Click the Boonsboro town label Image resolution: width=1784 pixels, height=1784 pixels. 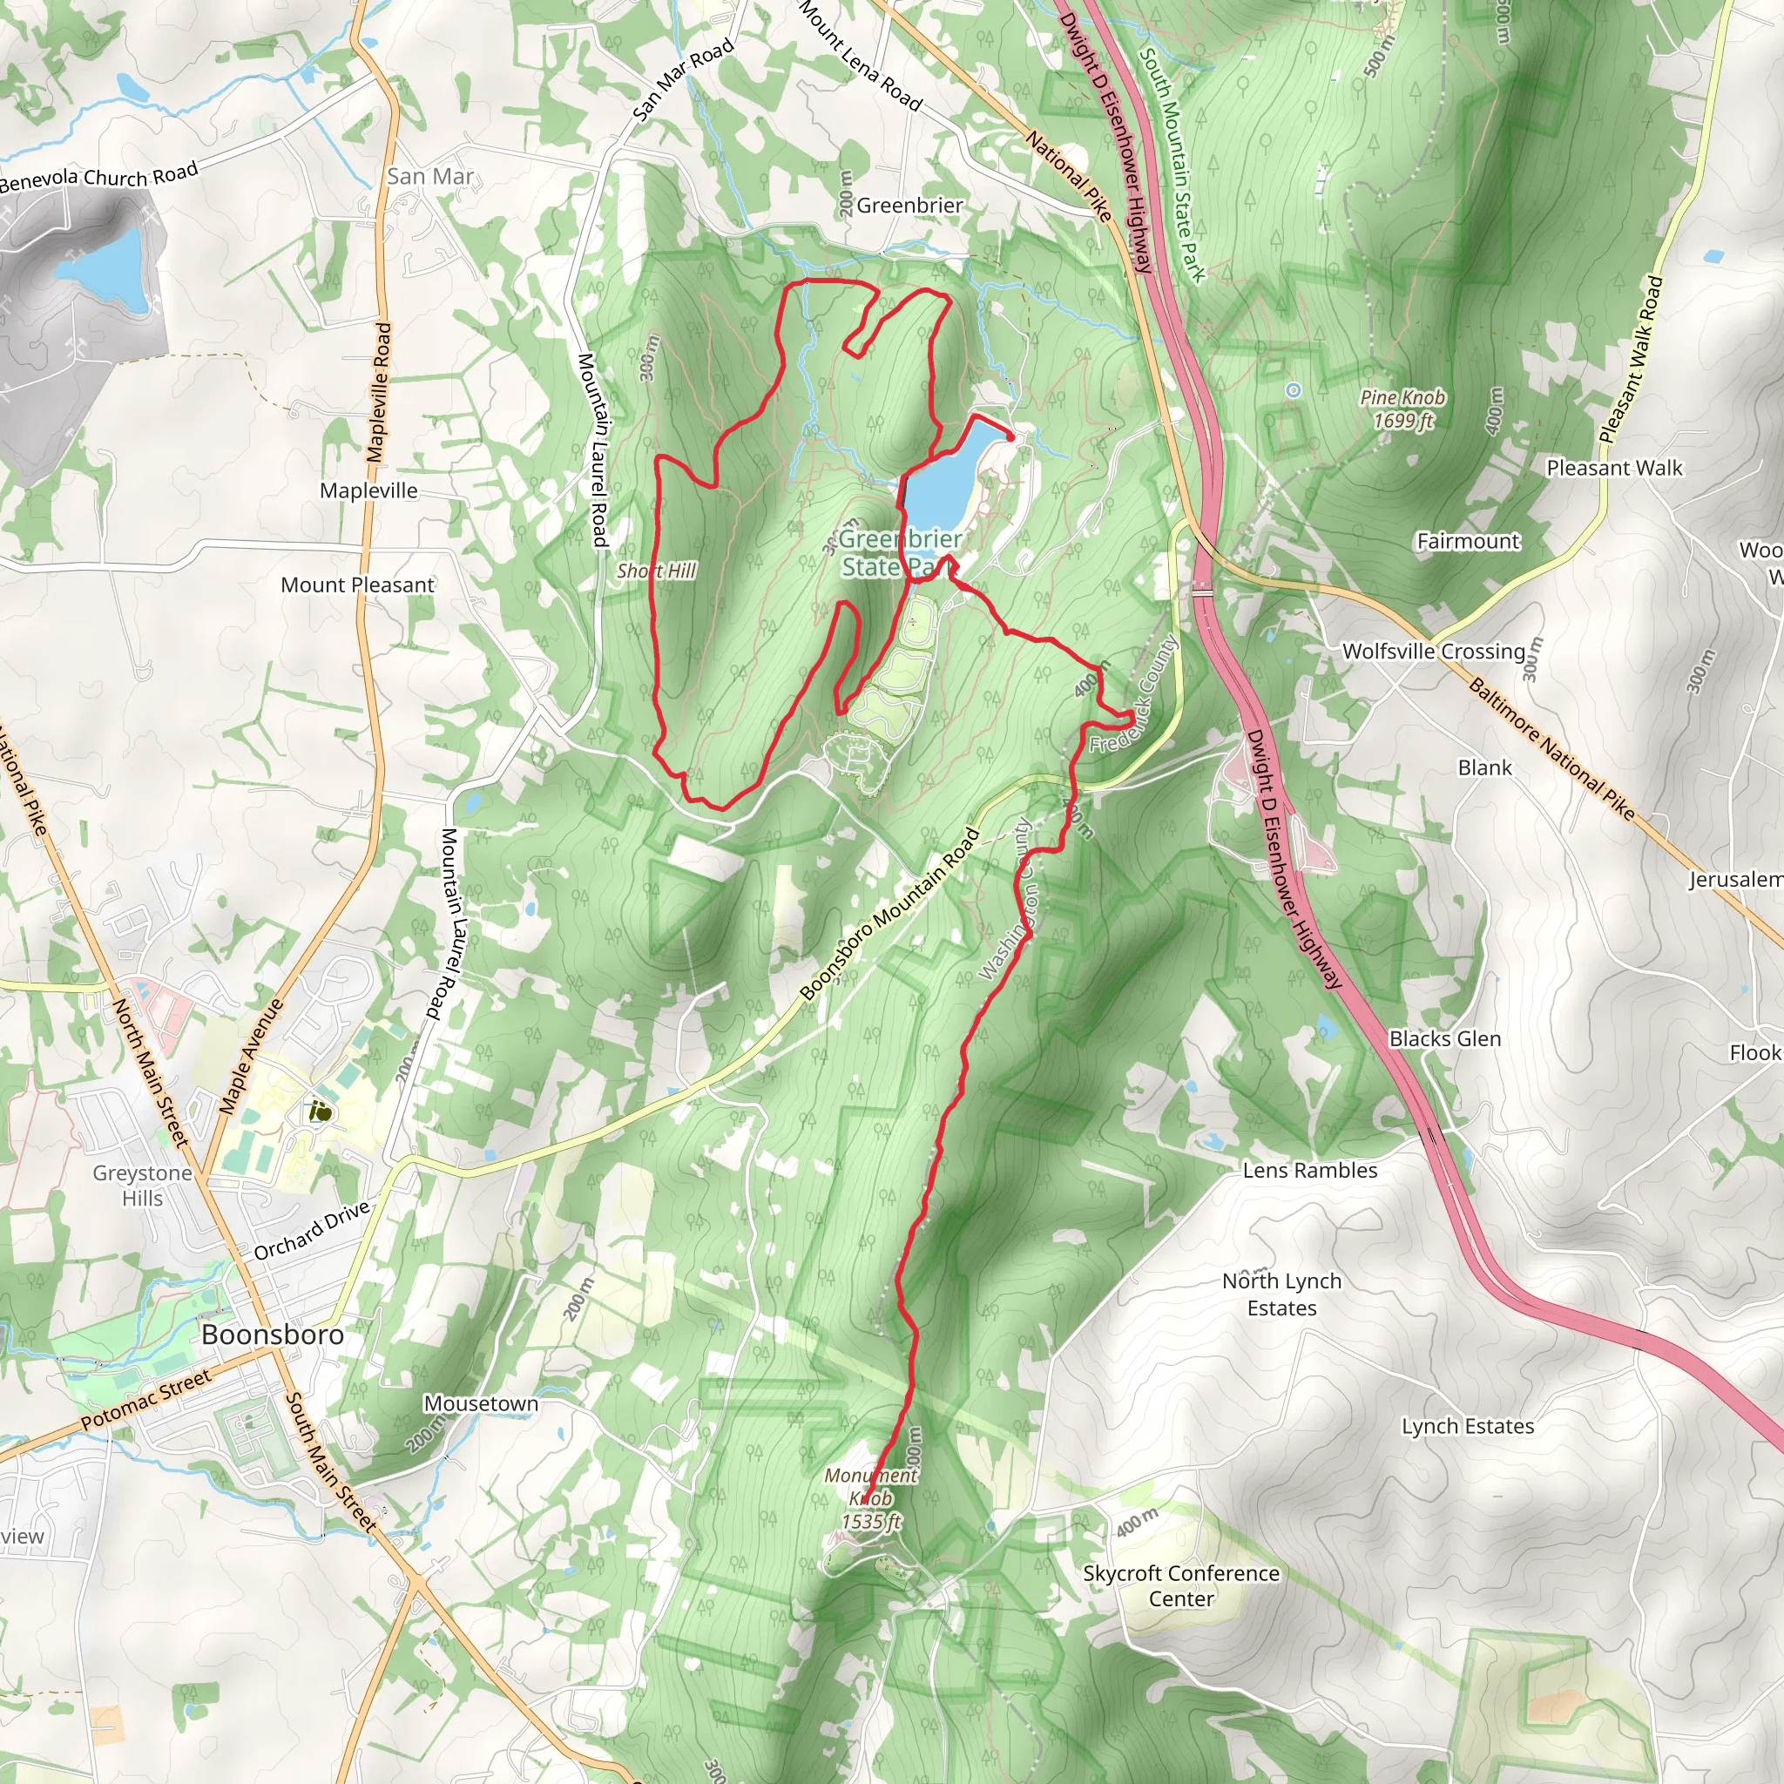tap(273, 1335)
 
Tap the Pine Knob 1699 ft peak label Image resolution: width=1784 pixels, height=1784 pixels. tap(1402, 409)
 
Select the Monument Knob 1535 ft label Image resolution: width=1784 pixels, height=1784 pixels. tap(870, 1497)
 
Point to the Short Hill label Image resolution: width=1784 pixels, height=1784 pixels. tap(656, 571)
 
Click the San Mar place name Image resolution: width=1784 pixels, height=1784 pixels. tap(429, 176)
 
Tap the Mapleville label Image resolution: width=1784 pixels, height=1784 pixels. tap(368, 490)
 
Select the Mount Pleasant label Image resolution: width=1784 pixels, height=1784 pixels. tap(357, 585)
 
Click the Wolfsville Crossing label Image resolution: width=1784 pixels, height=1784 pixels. tap(1433, 651)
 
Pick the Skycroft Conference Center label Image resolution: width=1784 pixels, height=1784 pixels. tap(1181, 1585)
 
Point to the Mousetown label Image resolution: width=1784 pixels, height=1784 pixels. tap(480, 1403)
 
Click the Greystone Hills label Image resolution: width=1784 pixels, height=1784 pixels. tap(142, 1186)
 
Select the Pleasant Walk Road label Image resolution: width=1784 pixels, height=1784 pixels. tap(1630, 360)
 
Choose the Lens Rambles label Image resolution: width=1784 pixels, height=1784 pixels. tap(1309, 1171)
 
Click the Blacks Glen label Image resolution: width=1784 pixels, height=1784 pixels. tap(1444, 1039)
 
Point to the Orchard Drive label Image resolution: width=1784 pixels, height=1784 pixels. tap(311, 1231)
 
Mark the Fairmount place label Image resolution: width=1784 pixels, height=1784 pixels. tap(1467, 541)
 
